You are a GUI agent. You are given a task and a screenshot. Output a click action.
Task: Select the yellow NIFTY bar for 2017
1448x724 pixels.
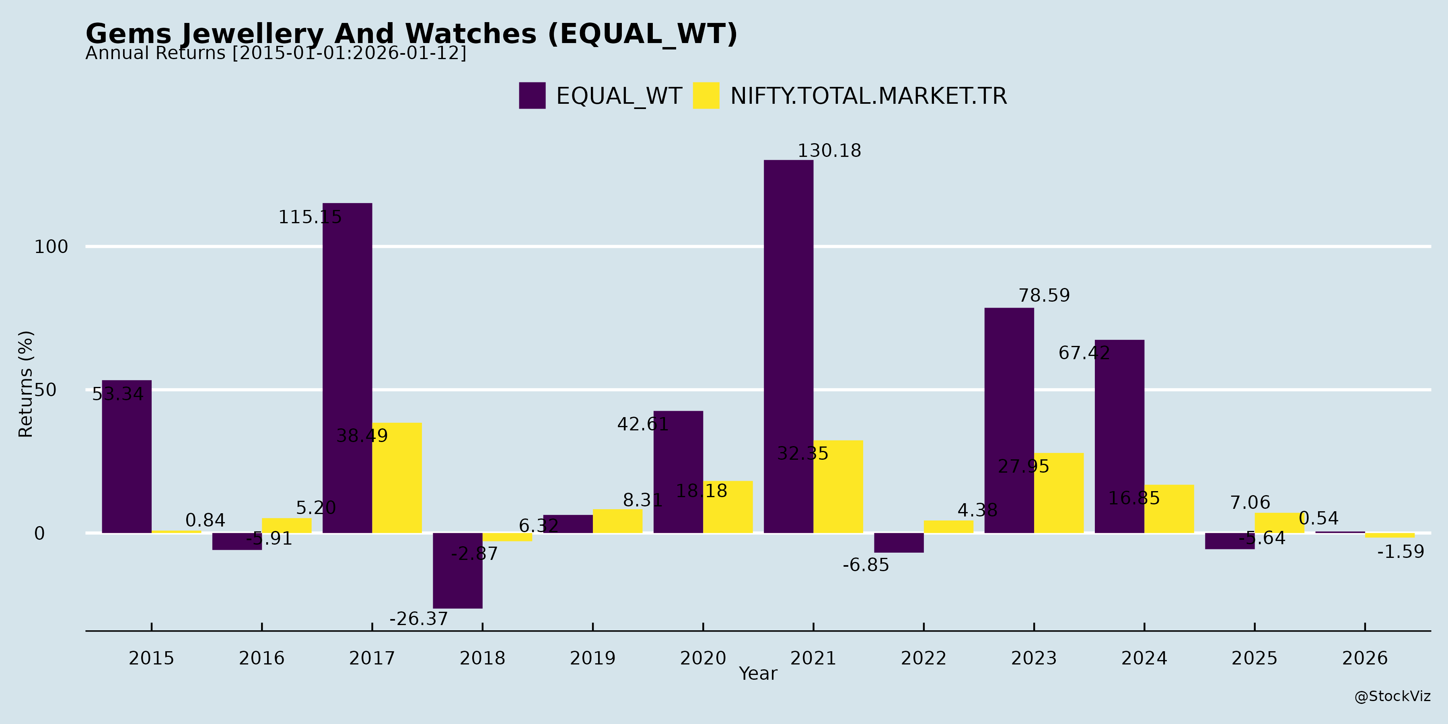point(397,478)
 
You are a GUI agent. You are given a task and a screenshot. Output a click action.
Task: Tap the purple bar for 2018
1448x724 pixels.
point(458,570)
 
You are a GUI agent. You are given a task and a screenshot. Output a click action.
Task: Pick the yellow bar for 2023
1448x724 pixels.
point(1059,493)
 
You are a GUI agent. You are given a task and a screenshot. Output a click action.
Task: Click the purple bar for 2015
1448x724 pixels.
point(126,457)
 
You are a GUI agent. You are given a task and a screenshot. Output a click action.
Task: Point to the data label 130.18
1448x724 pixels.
point(829,151)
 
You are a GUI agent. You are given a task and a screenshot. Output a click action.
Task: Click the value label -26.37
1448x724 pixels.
point(419,619)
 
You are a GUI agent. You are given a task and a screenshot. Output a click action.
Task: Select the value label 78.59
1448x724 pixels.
point(1045,296)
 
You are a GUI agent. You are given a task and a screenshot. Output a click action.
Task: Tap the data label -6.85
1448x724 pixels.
point(866,565)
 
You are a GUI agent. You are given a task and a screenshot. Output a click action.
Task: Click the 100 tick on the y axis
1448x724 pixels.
point(51,247)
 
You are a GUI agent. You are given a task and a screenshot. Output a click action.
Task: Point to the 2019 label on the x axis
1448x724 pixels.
point(592,658)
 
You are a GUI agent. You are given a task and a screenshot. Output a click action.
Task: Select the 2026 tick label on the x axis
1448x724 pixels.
point(1365,658)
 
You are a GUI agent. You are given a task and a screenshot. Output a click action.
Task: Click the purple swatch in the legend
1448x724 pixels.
point(532,96)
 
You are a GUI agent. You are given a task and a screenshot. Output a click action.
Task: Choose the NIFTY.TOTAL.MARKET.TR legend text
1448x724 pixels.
point(868,96)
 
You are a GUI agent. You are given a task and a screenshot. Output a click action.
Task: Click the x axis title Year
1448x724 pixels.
point(758,673)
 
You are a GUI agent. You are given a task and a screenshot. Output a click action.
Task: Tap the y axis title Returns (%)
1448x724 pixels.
point(26,384)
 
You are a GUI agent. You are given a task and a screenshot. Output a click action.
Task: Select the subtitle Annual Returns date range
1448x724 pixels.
point(276,53)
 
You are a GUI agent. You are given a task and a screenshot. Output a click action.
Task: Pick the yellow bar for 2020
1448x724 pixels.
point(728,507)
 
